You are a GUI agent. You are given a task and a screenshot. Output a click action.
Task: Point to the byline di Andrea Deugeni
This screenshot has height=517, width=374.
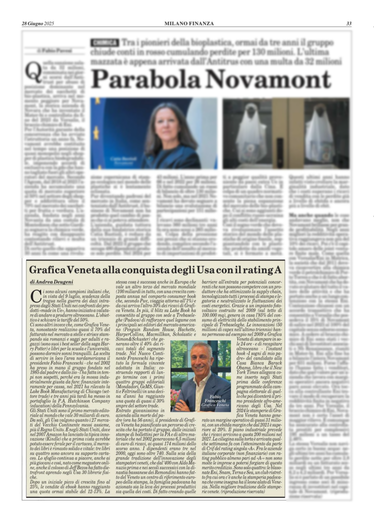tap(52, 281)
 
